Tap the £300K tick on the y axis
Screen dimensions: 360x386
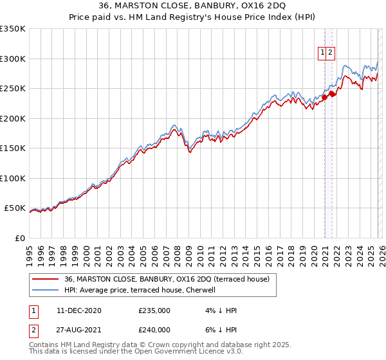[13, 59]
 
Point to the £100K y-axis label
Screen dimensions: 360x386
[13, 178]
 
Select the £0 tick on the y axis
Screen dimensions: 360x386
[19, 238]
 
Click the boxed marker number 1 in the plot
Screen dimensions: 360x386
[322, 53]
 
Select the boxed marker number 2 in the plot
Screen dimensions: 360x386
[330, 53]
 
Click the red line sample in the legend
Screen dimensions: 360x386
[45, 279]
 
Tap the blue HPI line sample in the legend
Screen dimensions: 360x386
[45, 290]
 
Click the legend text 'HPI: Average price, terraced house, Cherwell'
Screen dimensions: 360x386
[142, 290]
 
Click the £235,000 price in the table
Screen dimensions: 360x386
[154, 310]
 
